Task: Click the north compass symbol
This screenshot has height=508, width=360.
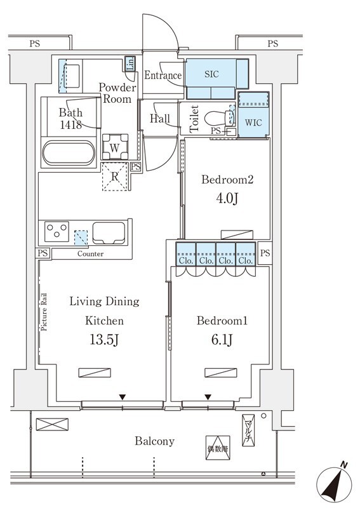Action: (x=334, y=485)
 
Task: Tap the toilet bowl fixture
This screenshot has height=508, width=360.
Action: (x=218, y=118)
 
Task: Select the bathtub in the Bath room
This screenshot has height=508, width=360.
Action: (x=69, y=153)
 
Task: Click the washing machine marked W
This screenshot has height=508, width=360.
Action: (x=114, y=147)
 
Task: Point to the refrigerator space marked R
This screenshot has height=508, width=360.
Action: (x=115, y=177)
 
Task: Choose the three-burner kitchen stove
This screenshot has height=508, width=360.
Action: (x=57, y=231)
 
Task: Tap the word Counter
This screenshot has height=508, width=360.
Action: (x=90, y=253)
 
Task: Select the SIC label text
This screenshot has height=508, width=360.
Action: (x=211, y=74)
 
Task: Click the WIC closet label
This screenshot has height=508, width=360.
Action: (x=253, y=123)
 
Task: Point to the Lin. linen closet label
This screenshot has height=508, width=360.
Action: (x=130, y=64)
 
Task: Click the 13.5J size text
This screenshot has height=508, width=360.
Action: (x=104, y=340)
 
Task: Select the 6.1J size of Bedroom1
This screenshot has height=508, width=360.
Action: (x=222, y=340)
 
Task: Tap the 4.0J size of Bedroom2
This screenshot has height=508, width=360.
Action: (x=227, y=198)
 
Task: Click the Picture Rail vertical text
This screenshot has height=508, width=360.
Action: (x=44, y=312)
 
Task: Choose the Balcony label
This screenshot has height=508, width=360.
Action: (x=154, y=441)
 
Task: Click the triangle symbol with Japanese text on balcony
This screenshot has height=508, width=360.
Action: (x=218, y=448)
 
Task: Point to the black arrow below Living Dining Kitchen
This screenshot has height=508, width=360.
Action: (x=122, y=397)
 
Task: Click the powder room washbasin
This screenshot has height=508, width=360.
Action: (x=72, y=76)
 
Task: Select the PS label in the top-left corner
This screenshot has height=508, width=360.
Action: (x=35, y=43)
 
